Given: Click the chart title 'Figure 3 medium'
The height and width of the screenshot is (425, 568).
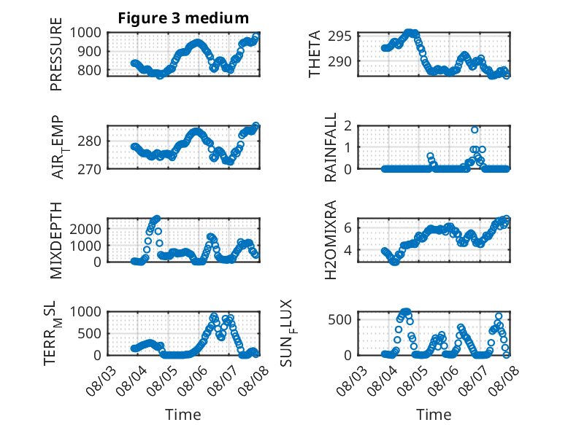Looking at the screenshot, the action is click(x=183, y=18).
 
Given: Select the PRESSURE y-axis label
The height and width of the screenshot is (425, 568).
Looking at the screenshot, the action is click(x=56, y=54).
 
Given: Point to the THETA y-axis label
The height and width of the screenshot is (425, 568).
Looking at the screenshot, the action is click(x=315, y=54).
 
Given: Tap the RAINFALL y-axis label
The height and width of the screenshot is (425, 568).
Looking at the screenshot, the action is click(x=331, y=147).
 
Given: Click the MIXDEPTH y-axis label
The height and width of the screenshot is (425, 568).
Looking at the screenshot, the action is click(x=56, y=241).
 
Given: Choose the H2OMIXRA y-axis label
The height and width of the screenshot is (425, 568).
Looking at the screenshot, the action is click(x=331, y=240).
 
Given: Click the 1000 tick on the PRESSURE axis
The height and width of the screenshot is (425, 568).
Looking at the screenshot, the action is click(x=85, y=33).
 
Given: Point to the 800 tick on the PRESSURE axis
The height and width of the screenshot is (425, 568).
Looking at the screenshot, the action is click(x=90, y=70).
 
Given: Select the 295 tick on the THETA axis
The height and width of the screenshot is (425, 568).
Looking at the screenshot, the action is click(x=339, y=36).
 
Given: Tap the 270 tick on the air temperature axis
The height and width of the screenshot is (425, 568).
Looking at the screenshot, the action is click(x=90, y=169).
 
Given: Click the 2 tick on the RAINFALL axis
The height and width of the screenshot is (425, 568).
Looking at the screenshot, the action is click(x=348, y=126).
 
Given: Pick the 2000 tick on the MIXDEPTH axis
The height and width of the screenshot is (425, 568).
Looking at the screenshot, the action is click(x=85, y=229).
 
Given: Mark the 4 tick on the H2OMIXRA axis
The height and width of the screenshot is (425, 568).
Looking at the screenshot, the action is click(x=348, y=249).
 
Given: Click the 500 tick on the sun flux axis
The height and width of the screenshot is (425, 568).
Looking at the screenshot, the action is click(x=339, y=320).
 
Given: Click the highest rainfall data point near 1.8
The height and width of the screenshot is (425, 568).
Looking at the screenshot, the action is click(x=475, y=130).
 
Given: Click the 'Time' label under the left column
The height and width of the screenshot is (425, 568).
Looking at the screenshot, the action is click(x=183, y=415).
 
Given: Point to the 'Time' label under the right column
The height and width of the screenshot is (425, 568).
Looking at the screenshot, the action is click(x=434, y=415).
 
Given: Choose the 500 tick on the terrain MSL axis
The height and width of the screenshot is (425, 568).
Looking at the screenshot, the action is click(x=90, y=333).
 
